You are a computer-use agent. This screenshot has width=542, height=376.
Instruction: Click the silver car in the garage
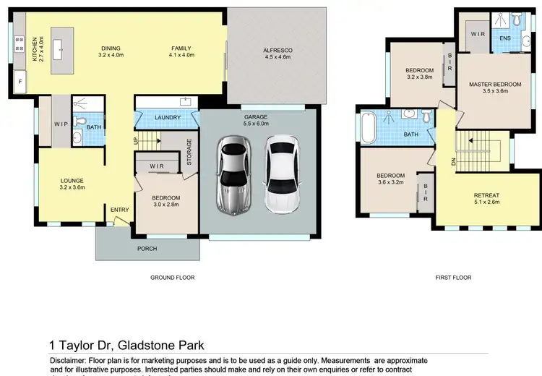[x=233, y=177]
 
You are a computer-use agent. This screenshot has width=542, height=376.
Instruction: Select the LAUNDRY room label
[x=167, y=116]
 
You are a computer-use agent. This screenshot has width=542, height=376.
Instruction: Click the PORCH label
[x=147, y=249]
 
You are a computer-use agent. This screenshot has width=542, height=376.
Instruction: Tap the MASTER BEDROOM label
[x=495, y=85]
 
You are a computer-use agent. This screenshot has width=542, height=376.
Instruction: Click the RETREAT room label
[x=487, y=195]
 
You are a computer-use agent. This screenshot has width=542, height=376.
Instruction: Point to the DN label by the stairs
[x=454, y=162]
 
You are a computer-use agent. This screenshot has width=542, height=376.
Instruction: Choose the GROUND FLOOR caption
[x=172, y=278]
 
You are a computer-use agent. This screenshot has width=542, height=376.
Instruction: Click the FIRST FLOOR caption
[x=454, y=278]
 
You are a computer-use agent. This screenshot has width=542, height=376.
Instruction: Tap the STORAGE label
[x=189, y=153]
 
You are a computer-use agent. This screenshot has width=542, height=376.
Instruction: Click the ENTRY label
[x=119, y=210]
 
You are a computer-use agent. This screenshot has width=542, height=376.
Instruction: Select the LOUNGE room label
[x=72, y=181]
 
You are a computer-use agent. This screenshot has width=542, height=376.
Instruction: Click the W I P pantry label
[x=61, y=124]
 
